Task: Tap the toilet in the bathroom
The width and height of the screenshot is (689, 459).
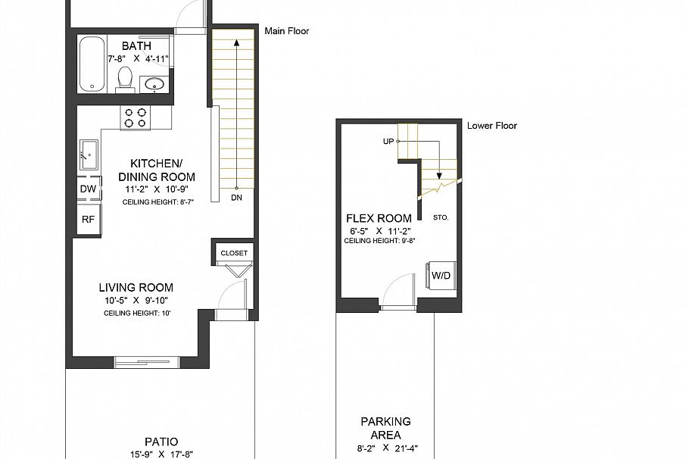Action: tap(126, 80)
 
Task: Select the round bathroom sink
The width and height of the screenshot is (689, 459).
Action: tap(156, 83)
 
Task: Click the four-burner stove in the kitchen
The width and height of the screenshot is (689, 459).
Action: tap(136, 117)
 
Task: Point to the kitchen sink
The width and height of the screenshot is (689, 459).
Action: tap(89, 155)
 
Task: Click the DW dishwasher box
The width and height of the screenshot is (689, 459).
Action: tap(88, 189)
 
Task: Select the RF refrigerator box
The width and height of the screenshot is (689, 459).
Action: tap(88, 220)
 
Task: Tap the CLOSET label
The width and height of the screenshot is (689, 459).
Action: tap(234, 253)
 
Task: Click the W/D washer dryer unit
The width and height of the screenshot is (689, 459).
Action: tap(441, 276)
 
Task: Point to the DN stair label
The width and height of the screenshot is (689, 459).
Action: tap(237, 198)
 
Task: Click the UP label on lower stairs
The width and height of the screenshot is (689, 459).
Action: tap(388, 141)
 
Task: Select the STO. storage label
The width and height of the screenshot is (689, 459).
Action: tap(441, 217)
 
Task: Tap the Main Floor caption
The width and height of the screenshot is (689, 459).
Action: tap(287, 31)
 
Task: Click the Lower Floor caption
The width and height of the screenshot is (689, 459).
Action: tap(492, 126)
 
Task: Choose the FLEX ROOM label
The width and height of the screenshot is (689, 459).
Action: tap(380, 220)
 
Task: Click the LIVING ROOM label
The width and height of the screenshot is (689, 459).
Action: tap(136, 287)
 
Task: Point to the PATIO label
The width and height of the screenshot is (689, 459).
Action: tap(161, 442)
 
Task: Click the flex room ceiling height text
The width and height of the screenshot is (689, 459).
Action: tap(380, 241)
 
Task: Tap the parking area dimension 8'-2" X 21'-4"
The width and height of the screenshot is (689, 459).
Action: tap(385, 448)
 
